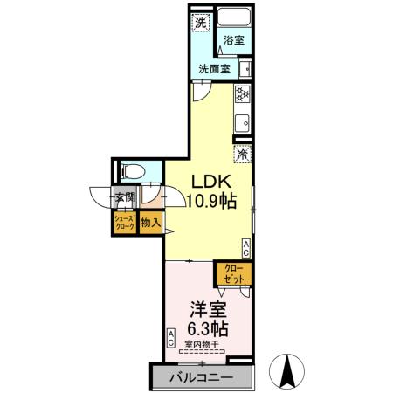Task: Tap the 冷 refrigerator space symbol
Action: (x=242, y=153)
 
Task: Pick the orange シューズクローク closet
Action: (x=124, y=223)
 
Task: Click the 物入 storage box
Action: (x=150, y=223)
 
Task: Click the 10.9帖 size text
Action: (x=210, y=200)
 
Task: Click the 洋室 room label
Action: (x=208, y=309)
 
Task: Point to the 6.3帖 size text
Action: (x=208, y=329)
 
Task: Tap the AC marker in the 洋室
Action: (x=171, y=339)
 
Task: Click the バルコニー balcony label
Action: (x=201, y=378)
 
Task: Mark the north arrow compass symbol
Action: (x=286, y=371)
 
